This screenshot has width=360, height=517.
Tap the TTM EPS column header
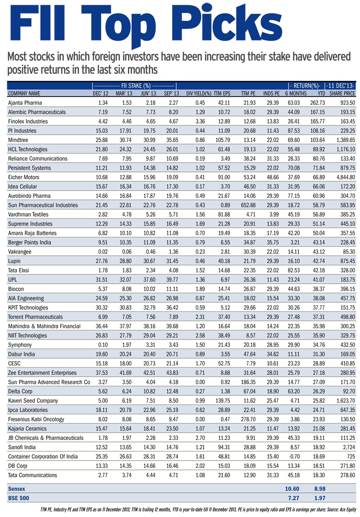pos(222,93)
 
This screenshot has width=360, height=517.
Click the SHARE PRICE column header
pos(342,93)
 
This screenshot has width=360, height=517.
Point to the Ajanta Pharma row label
pos(26,103)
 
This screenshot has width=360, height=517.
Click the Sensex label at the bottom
pos(17,489)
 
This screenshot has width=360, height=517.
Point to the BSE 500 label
pos(19,498)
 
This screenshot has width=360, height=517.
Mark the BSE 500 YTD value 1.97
pos(317,498)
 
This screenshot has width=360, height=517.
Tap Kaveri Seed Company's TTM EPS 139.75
pos(222,401)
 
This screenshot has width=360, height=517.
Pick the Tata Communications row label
pos(33,475)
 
